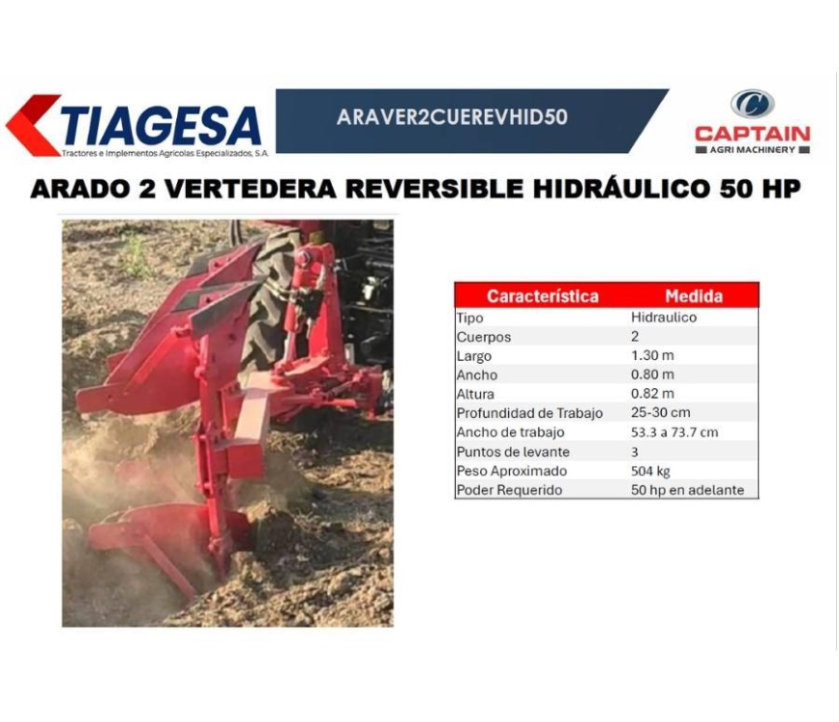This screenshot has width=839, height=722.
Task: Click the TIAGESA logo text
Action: click(161, 126)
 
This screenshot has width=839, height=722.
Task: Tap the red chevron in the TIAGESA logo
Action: click(33, 126)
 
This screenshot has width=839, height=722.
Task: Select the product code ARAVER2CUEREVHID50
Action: click(452, 117)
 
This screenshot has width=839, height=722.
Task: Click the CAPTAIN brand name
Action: click(752, 134)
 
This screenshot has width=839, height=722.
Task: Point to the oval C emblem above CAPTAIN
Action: click(752, 104)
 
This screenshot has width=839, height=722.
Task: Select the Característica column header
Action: click(543, 296)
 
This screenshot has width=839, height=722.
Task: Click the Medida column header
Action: click(694, 296)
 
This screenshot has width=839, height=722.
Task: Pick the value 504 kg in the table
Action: click(650, 471)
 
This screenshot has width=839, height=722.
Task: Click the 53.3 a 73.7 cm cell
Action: click(674, 432)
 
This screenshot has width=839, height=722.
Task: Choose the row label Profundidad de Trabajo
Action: click(529, 413)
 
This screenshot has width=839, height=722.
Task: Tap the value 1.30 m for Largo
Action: click(652, 355)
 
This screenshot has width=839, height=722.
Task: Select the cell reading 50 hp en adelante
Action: click(687, 490)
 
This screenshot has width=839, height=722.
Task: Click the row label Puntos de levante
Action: click(513, 451)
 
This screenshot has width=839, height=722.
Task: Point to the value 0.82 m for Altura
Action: click(652, 394)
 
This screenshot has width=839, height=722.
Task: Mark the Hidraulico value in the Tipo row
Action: click(664, 317)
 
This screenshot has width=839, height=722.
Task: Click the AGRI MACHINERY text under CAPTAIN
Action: click(752, 150)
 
